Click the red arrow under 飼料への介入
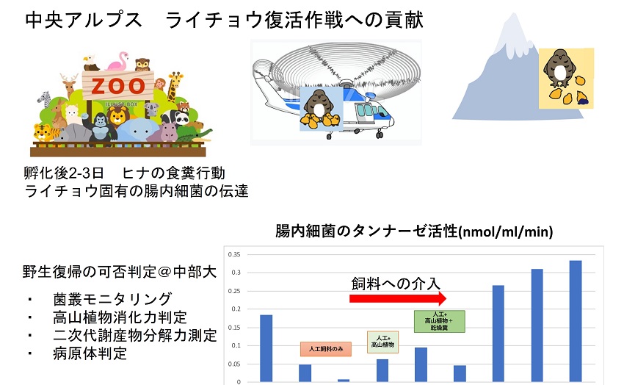pyautogui.click(x=398, y=298)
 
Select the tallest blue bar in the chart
pyautogui.click(x=576, y=321)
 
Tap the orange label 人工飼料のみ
pyautogui.click(x=326, y=349)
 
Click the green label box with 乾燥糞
pyautogui.click(x=439, y=321)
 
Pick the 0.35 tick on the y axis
pyautogui.click(x=234, y=254)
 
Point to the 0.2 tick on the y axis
pyautogui.click(x=236, y=309)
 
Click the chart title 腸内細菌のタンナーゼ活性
pyautogui.click(x=366, y=231)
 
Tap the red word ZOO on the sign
pyautogui.click(x=118, y=86)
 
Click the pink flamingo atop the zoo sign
pyautogui.click(x=118, y=61)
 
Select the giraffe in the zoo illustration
pyautogui.click(x=174, y=86)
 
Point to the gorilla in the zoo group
pyautogui.click(x=100, y=127)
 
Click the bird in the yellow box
pyautogui.click(x=559, y=68)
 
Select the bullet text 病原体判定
pyautogui.click(x=90, y=353)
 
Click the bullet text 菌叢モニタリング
pyautogui.click(x=112, y=299)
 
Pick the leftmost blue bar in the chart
pyautogui.click(x=266, y=348)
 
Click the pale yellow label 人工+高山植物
pyautogui.click(x=382, y=342)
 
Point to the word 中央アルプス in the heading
pyautogui.click(x=83, y=20)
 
